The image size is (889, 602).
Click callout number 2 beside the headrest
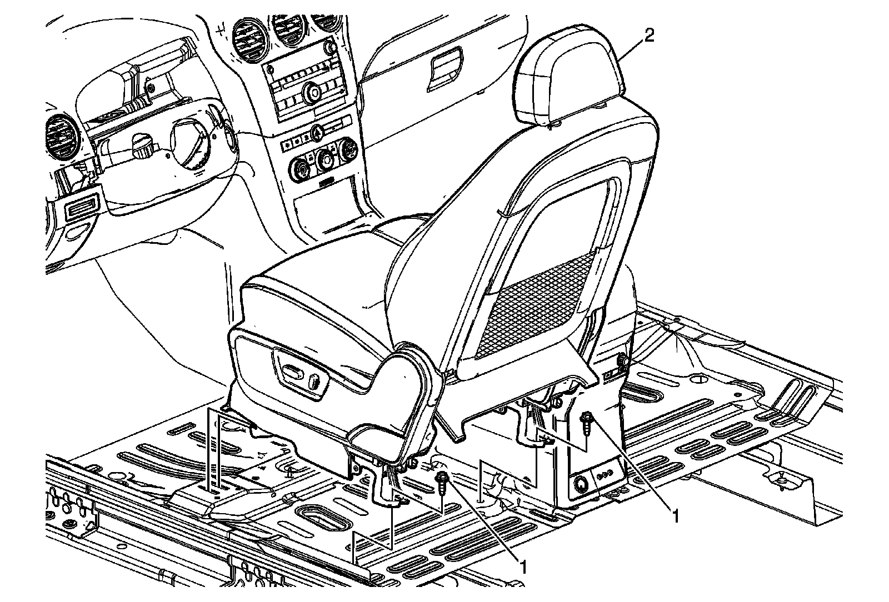pos(648,36)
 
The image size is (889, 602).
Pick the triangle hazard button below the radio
pos(317,132)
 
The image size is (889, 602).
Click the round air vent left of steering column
pos(61,136)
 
